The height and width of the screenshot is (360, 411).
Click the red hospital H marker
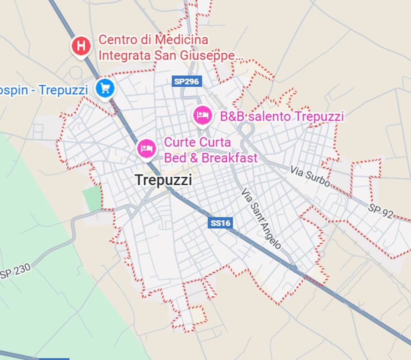tap(81, 46)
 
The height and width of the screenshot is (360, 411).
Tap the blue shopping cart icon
tap(105, 88)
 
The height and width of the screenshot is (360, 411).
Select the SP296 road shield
tap(186, 81)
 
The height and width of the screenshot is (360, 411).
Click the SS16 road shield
tap(220, 223)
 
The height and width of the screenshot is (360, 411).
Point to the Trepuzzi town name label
tap(163, 180)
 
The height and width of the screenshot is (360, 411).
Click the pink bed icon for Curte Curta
tap(146, 148)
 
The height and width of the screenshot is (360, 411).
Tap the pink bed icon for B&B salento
tap(202, 115)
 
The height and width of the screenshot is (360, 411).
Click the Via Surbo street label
tap(309, 176)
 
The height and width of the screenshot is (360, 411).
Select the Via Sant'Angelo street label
tap(262, 218)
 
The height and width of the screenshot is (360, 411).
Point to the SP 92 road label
tap(380, 210)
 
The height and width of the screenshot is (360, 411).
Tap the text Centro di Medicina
tap(153, 39)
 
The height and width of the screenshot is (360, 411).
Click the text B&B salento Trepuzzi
tap(282, 116)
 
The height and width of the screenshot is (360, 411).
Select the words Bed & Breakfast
tap(210, 158)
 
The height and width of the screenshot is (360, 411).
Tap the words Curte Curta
tap(197, 142)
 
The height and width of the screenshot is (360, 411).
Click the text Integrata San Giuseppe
tap(171, 55)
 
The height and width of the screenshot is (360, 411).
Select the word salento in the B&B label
tap(271, 116)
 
